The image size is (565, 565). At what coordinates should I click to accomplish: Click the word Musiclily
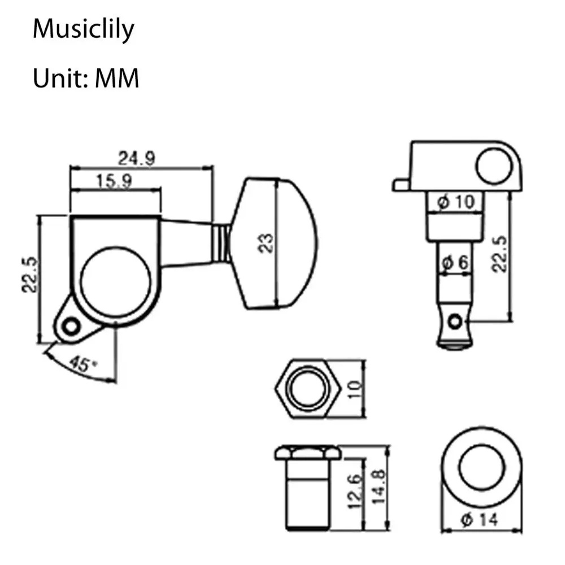coord(83,30)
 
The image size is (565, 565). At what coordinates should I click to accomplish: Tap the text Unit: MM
coord(85,78)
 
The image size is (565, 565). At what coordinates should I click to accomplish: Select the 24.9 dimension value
coord(136,158)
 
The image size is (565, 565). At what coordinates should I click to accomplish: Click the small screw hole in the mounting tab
coord(71,327)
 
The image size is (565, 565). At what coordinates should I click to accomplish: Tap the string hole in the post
coord(455,321)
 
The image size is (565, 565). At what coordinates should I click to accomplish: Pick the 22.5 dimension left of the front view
coord(30,273)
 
